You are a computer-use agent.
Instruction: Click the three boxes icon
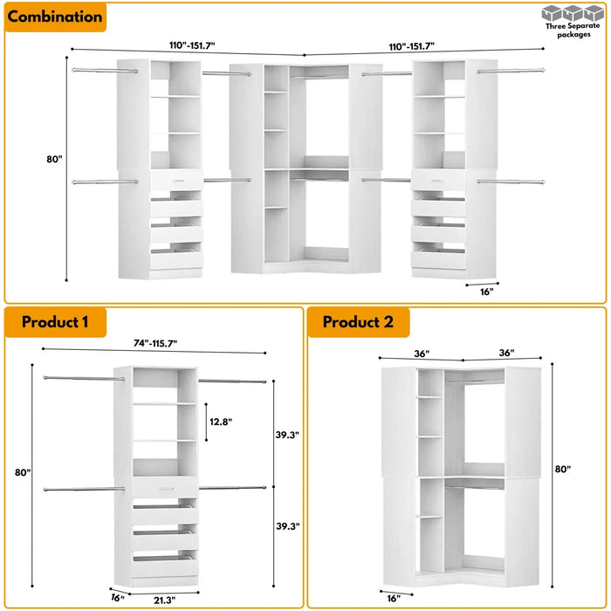coord(573,14)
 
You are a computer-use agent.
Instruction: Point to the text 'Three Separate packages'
coord(573,31)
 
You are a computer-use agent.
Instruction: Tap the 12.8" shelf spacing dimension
coord(221,422)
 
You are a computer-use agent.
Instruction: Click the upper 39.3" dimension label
coord(287,435)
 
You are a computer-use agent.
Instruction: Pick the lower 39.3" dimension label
coord(287,525)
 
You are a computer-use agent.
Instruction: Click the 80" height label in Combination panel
coord(56,160)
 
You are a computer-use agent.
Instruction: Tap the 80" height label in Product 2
coord(562,469)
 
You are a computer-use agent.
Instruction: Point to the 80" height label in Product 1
coord(23,472)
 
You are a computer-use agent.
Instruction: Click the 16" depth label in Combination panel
coord(486,292)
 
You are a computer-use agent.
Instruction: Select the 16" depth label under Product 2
coord(396,598)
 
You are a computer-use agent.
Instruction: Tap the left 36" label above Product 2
coord(422,353)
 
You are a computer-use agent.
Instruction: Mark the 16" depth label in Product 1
coord(118,597)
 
